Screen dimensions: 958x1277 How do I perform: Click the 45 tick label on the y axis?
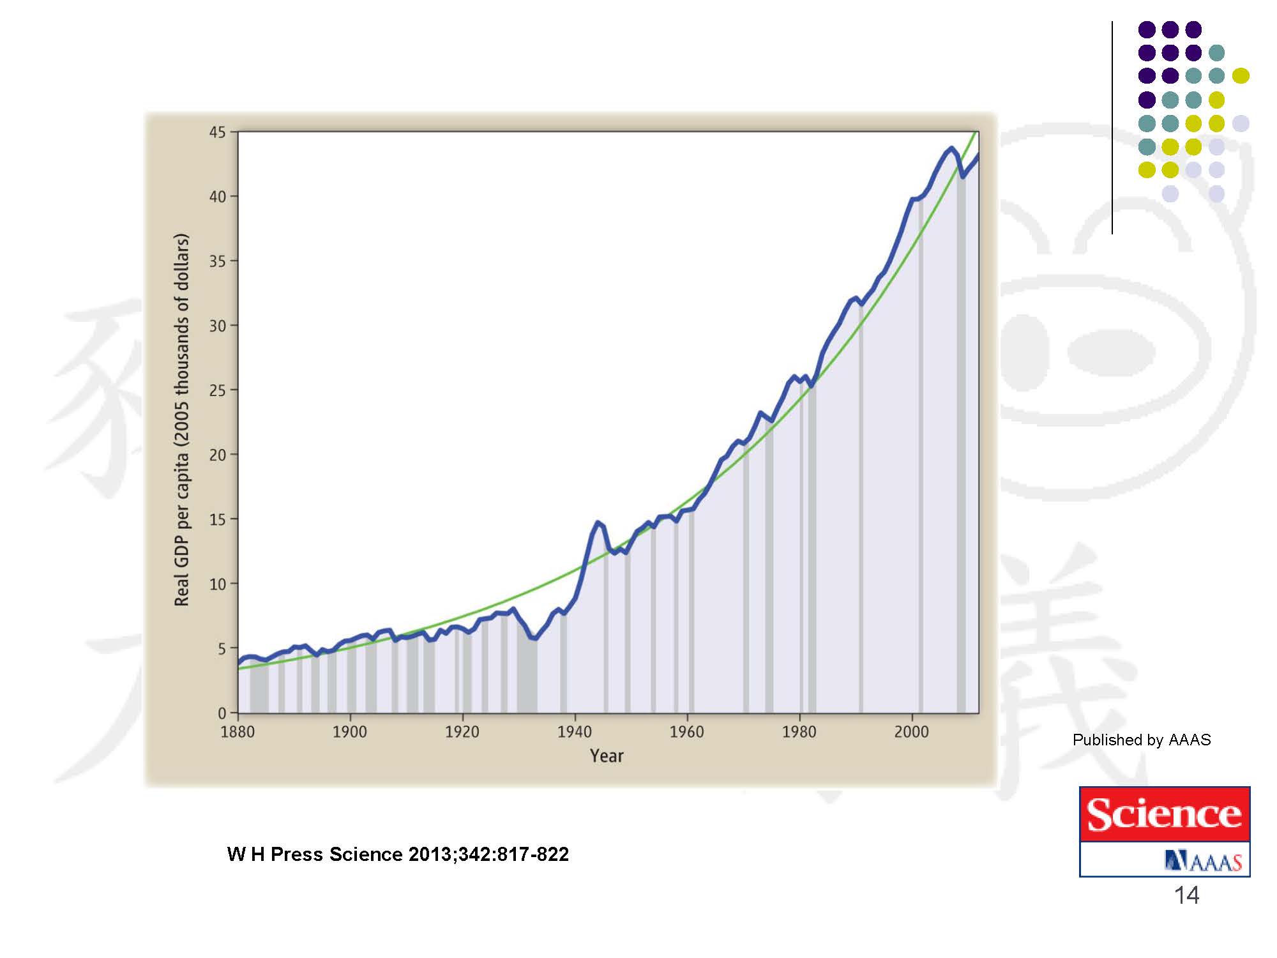pos(217,132)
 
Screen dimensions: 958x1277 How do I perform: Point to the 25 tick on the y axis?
pos(217,390)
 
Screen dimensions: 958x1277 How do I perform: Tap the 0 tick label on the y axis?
pos(222,713)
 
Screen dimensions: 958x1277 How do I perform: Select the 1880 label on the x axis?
pos(238,732)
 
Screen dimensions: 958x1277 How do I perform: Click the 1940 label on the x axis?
pos(575,732)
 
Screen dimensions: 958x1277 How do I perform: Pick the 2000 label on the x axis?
pos(911,732)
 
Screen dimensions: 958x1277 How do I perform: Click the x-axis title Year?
pos(607,756)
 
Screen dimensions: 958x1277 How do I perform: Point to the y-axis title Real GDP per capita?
pos(182,420)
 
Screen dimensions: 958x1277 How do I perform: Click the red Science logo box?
pos(1164,814)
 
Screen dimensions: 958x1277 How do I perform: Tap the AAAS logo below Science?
pos(1203,861)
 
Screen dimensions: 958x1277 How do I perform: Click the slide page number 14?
pos(1186,895)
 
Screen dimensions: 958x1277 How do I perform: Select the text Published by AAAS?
pos(1141,740)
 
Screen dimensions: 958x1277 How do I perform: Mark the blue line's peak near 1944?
pos(598,522)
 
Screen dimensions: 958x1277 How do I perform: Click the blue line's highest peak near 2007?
pos(951,149)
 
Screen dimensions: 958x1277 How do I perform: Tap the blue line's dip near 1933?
pos(535,638)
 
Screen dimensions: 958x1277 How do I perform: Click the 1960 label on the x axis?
pos(686,732)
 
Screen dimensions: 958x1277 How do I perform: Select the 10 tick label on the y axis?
pos(217,584)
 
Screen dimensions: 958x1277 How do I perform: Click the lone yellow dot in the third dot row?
pos(1240,76)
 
